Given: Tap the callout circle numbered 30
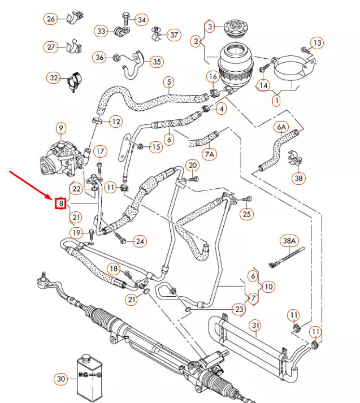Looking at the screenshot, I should (x=60, y=379).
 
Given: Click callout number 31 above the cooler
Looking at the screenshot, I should (x=255, y=326).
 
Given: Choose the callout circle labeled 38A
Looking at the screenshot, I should (x=289, y=240).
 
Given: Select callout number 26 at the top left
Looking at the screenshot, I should (x=51, y=20).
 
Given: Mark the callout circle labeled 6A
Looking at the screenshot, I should (x=281, y=128).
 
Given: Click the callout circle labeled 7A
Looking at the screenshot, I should (x=210, y=154).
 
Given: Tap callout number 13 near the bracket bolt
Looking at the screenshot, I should (x=317, y=42).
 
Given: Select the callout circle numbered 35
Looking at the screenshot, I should (x=157, y=62).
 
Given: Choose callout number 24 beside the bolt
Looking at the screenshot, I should (x=140, y=241).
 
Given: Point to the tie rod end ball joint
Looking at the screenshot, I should (x=41, y=278).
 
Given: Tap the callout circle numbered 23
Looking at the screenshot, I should (x=239, y=309).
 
